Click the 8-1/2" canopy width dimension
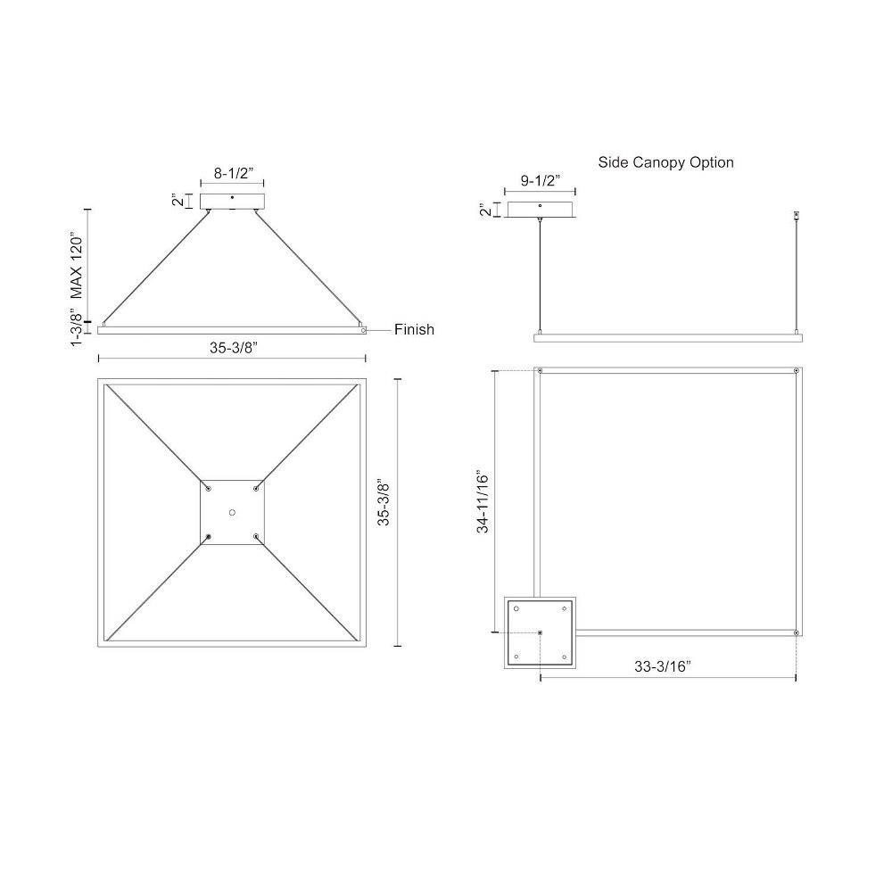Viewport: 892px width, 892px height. pos(233,173)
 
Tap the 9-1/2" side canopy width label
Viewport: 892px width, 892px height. pos(541,180)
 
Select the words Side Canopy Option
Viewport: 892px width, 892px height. pos(665,162)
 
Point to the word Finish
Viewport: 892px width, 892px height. pos(414,329)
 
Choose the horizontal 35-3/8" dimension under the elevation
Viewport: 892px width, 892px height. pos(234,348)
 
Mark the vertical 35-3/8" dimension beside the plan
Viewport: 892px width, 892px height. pos(384,503)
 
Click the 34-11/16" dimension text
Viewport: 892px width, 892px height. pos(483,501)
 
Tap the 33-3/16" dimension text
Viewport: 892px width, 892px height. pos(663,666)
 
